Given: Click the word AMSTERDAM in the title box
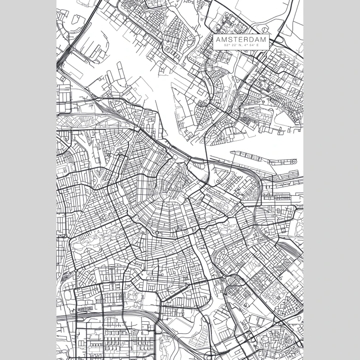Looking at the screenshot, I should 241,40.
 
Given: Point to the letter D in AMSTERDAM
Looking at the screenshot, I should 252,40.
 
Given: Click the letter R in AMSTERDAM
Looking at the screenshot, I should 246,40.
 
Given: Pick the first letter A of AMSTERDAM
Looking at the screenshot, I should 218,40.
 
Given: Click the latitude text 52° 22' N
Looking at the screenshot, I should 233,46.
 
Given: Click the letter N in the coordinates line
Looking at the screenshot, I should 240,46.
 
